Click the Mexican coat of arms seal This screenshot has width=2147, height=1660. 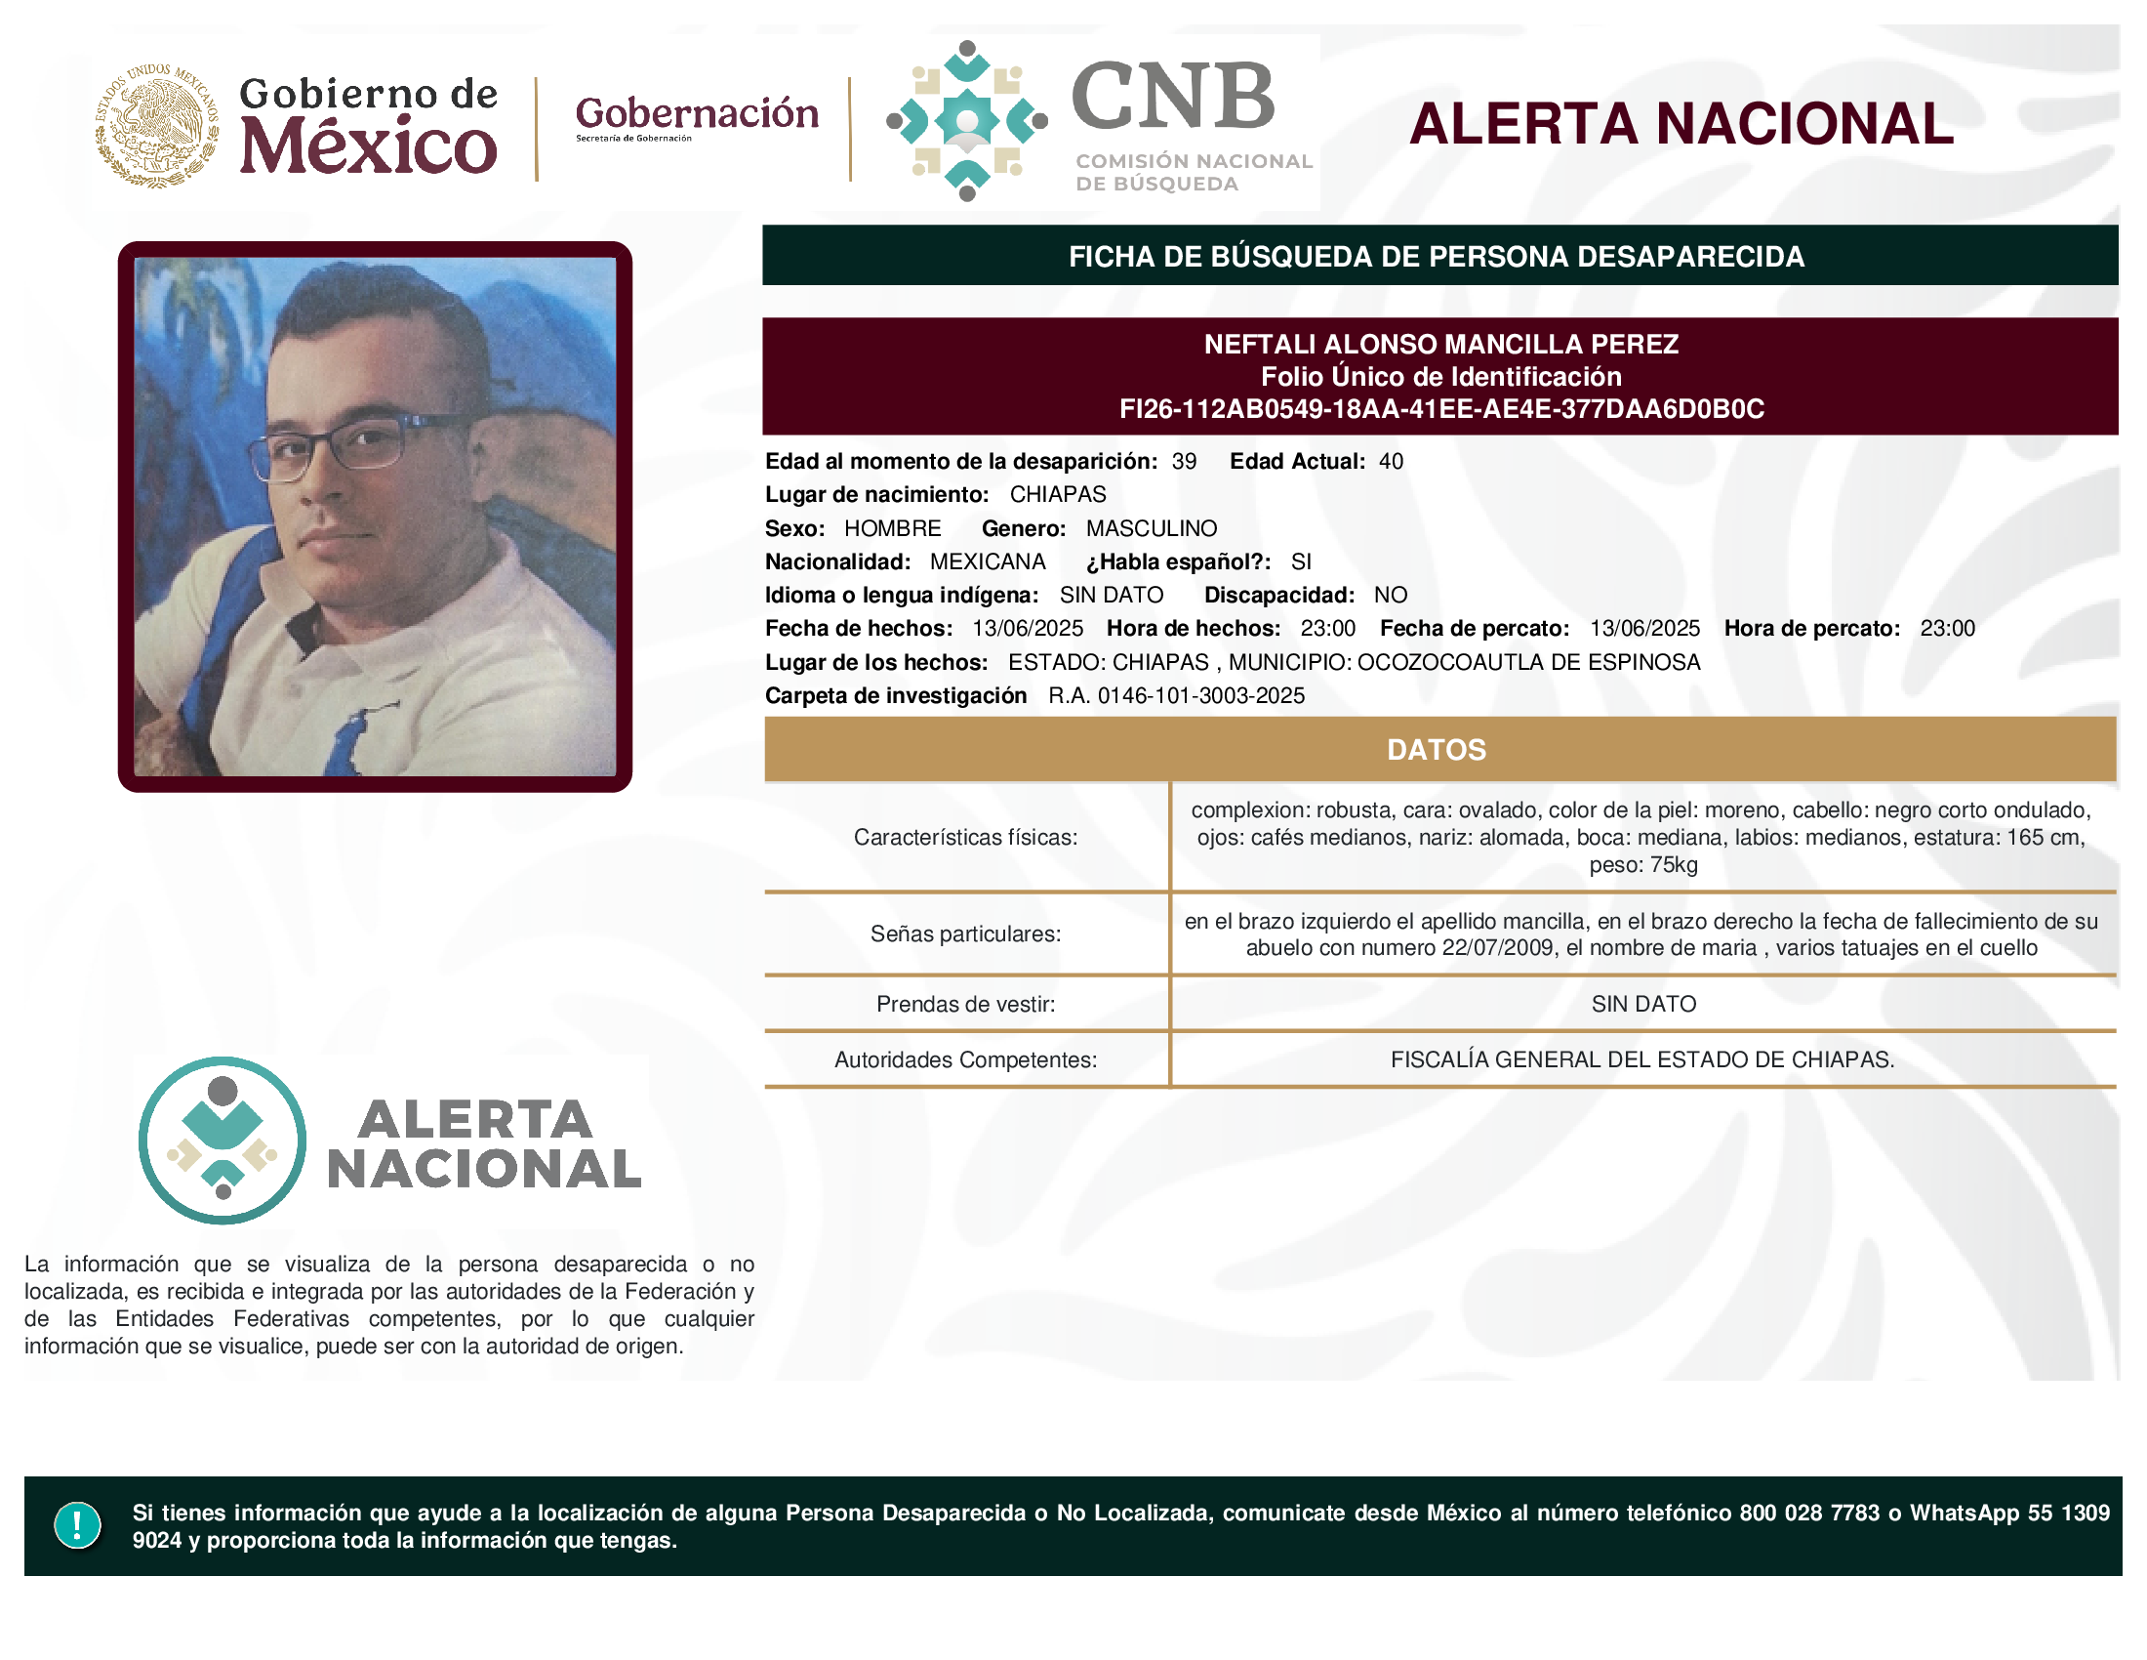click(x=156, y=125)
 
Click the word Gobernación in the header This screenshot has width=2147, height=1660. click(x=697, y=113)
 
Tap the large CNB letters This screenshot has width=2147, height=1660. click(x=1173, y=96)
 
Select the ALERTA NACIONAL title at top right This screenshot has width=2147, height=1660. click(x=1681, y=124)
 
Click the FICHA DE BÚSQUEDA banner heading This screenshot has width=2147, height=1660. click(x=1437, y=257)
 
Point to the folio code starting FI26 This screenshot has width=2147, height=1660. click(x=1441, y=409)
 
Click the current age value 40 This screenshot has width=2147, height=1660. click(x=1391, y=461)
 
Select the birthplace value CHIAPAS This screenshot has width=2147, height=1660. click(x=1058, y=495)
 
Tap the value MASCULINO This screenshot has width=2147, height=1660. click(x=1152, y=529)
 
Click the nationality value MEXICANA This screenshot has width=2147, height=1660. click(x=988, y=561)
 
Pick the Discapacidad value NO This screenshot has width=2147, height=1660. click(x=1390, y=595)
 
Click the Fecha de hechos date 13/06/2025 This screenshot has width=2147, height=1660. click(x=1028, y=629)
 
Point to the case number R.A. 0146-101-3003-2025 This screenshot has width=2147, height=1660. click(x=1177, y=696)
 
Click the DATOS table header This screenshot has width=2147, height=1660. click(x=1437, y=750)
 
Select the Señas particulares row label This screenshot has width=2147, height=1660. click(x=965, y=934)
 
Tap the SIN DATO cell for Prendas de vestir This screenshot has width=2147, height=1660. click(x=1643, y=1004)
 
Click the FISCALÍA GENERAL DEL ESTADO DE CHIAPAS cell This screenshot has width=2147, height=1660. click(x=1641, y=1060)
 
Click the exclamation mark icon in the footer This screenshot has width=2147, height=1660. click(x=78, y=1525)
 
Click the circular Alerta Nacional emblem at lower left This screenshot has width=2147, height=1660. click(x=223, y=1141)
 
